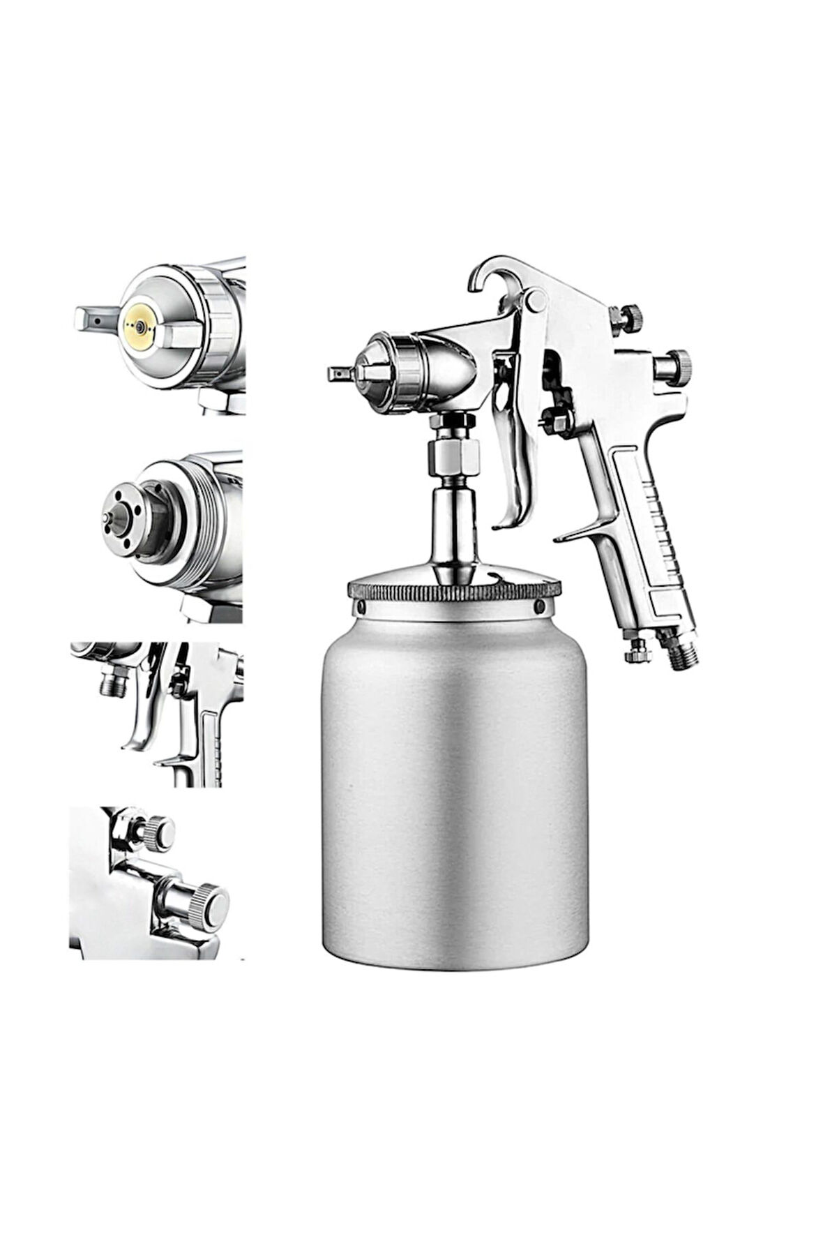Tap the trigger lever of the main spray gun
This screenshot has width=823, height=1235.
(x=520, y=447)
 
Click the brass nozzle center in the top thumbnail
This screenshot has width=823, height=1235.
(x=139, y=327)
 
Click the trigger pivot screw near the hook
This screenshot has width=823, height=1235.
(x=536, y=301)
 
